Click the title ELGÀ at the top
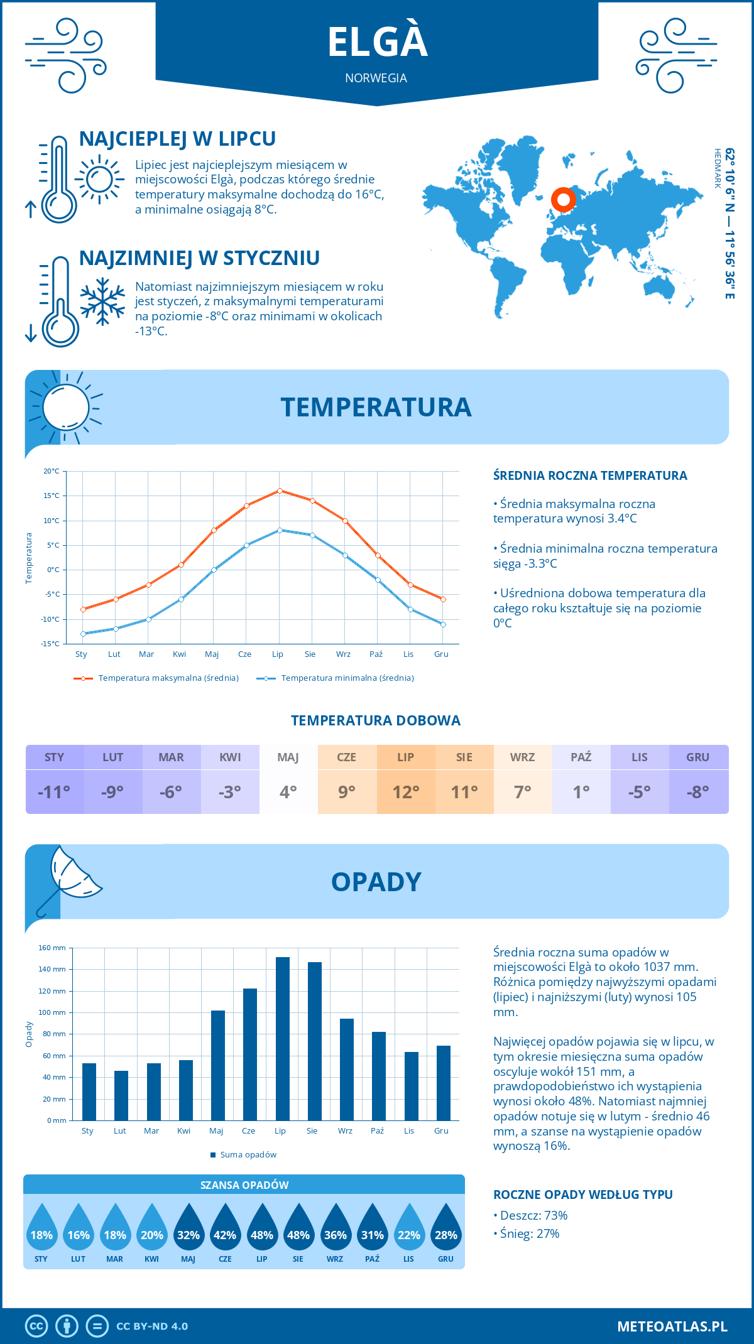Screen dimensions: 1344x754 coord(377,42)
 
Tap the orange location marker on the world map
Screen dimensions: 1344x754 coord(564,200)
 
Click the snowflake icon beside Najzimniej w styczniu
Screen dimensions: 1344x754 coord(102,301)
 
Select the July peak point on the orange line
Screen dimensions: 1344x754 coord(280,490)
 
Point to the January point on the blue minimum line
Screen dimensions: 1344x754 coord(83,634)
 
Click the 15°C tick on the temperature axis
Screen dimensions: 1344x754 coord(52,496)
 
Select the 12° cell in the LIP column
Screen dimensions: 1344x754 coord(405,792)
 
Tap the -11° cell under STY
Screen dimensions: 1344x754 coord(54,792)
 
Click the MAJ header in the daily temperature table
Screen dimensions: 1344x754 coord(288,757)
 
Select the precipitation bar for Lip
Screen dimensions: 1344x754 coord(283,1039)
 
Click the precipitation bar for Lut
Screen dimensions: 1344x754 coord(121,1095)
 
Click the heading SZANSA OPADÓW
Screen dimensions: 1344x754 coord(244,1185)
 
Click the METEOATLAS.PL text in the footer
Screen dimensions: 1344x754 coord(672,1326)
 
